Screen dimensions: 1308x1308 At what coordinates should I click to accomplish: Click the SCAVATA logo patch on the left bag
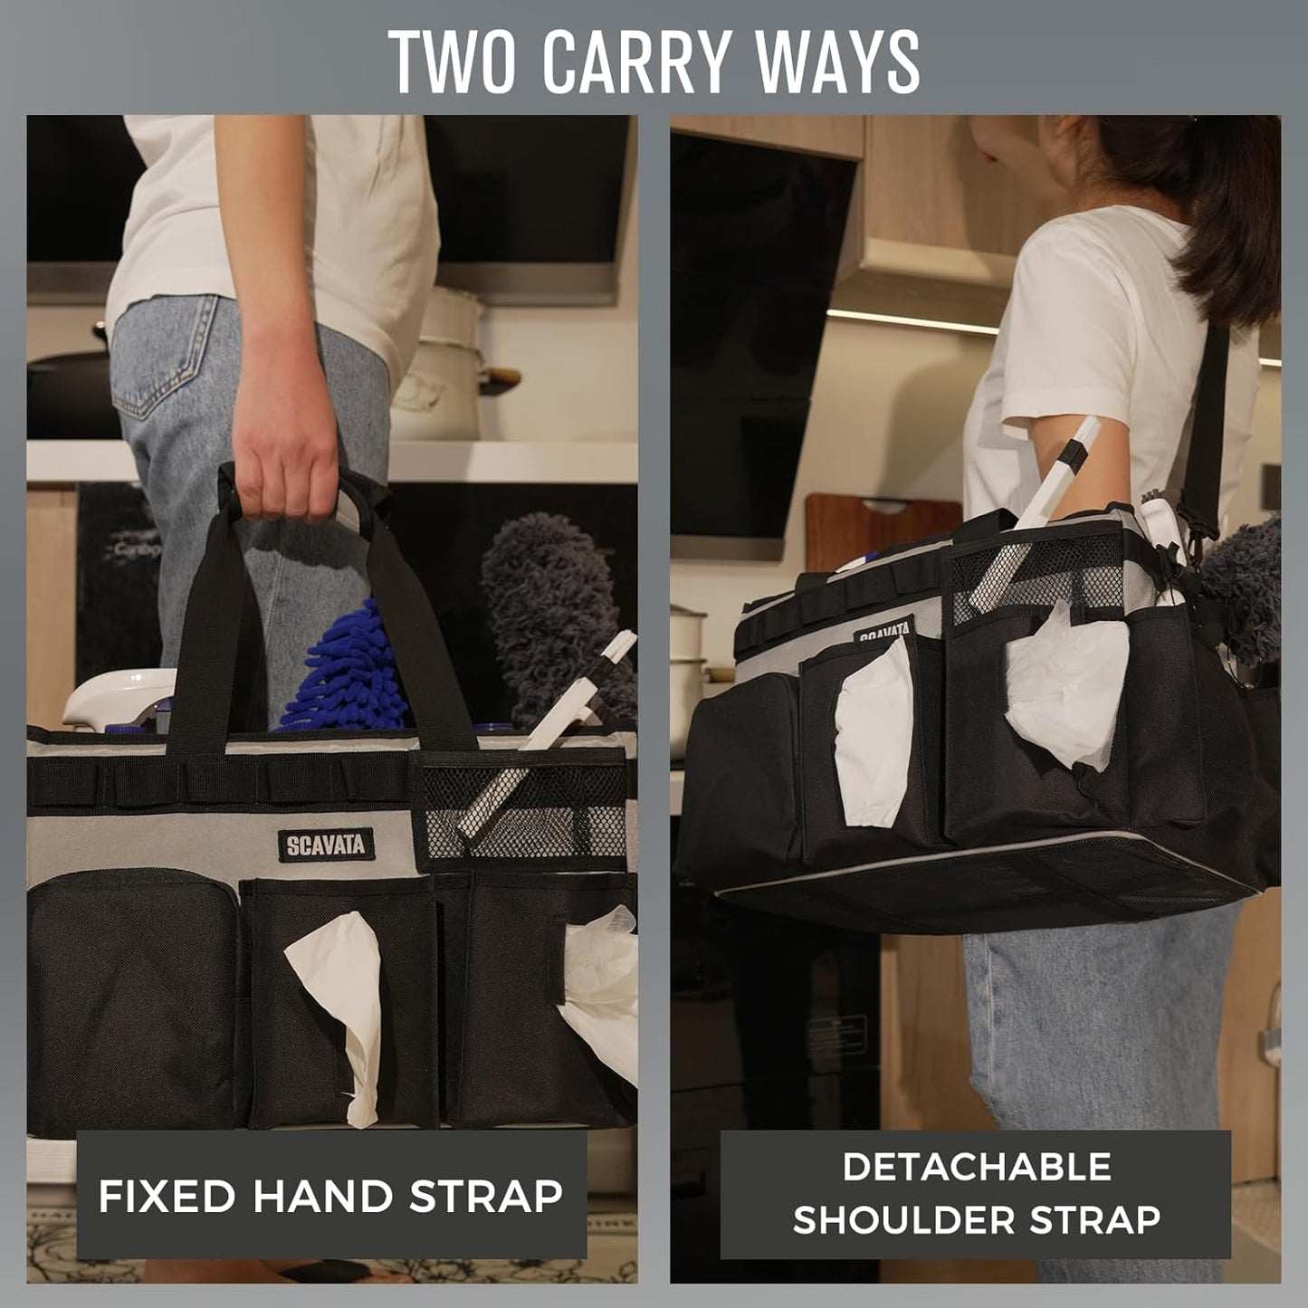(x=326, y=845)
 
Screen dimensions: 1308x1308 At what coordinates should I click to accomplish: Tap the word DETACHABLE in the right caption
(x=976, y=1167)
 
